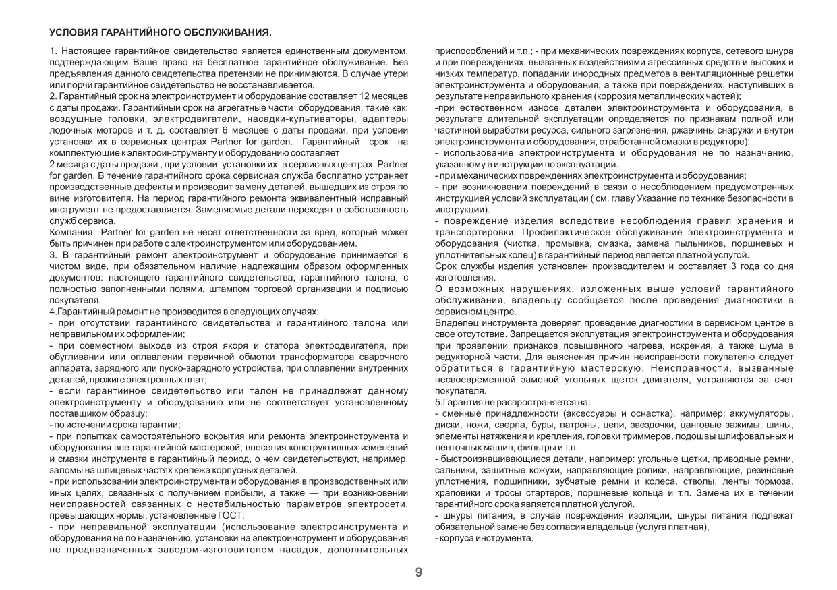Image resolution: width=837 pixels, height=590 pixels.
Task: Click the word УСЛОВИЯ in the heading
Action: point(74,32)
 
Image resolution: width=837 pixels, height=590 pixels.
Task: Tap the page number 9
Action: point(418,572)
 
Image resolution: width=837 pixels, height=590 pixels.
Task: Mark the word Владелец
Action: point(456,324)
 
